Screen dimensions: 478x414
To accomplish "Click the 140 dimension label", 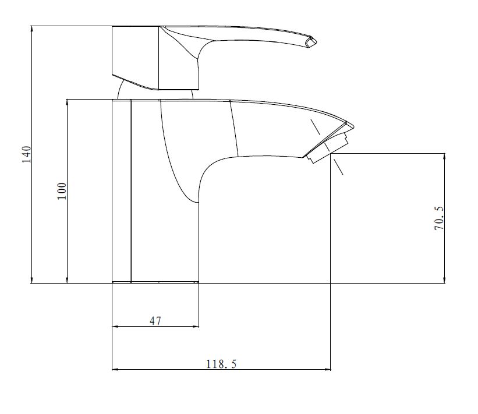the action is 27,154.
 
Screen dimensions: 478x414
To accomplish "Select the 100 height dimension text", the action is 62,191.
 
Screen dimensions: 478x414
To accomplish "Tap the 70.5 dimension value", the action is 439,218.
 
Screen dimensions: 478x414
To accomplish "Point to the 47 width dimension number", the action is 155,321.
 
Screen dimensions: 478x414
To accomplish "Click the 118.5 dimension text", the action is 221,364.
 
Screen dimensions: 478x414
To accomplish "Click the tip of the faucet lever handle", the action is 315,41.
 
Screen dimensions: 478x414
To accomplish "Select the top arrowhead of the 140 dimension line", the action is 31,30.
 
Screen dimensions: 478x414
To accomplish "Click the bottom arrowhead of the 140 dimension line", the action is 31,279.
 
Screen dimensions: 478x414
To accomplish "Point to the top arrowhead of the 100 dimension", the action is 67,102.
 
